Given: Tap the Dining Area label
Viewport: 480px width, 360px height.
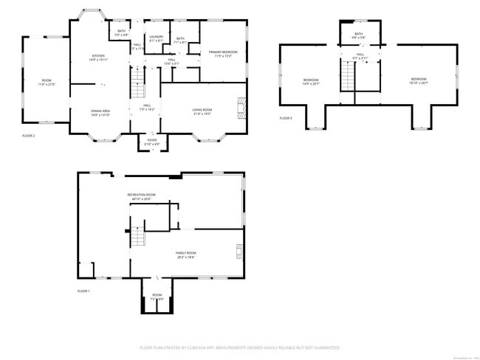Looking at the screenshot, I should point(100,112).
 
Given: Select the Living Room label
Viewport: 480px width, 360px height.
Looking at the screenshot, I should point(202,112).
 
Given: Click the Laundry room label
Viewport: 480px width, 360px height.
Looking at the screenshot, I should point(156,38).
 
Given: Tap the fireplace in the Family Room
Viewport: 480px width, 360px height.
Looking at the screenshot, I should point(239,252).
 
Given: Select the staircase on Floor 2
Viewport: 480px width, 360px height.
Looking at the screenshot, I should point(137,81).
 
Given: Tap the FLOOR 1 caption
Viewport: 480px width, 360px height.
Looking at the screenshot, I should point(83,291).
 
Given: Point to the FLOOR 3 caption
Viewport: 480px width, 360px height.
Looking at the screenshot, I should point(286,118).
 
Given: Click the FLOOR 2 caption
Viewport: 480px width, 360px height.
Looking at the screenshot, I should point(29,136).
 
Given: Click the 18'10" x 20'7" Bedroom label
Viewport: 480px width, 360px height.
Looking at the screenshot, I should point(419,81).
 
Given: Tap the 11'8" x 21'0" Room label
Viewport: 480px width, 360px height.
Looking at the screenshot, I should point(47,82).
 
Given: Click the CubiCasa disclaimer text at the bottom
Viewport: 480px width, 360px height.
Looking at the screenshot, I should point(239,347).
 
